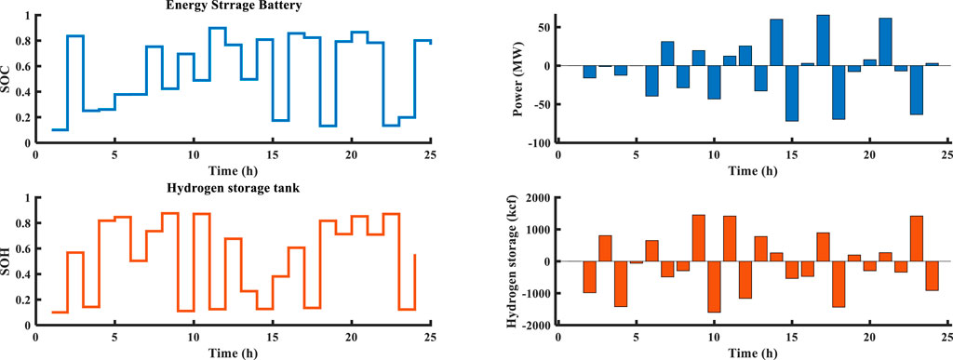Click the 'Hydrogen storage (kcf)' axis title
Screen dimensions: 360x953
(x=511, y=260)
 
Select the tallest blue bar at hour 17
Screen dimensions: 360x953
(x=823, y=40)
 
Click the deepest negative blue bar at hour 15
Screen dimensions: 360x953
(x=792, y=93)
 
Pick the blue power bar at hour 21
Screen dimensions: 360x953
(x=885, y=42)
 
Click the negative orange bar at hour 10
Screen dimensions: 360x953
(x=714, y=287)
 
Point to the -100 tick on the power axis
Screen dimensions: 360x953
(x=539, y=143)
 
